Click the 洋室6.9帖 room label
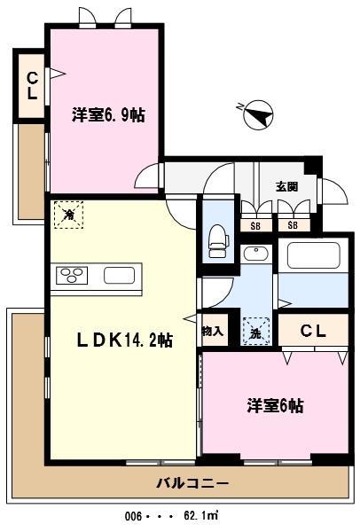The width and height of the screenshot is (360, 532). (109, 115)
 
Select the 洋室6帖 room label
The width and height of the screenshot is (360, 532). (275, 406)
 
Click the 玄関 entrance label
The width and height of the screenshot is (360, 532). (286, 187)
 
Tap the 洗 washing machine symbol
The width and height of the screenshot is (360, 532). (255, 332)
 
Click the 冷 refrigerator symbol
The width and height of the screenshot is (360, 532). (67, 214)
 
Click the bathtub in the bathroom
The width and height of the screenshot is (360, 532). (316, 258)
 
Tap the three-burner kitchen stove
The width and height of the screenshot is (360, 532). (72, 276)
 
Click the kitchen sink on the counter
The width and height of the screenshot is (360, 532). (118, 275)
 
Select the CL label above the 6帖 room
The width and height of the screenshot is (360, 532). (313, 332)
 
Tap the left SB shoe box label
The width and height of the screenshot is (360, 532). (255, 226)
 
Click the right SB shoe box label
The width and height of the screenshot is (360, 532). (291, 226)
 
